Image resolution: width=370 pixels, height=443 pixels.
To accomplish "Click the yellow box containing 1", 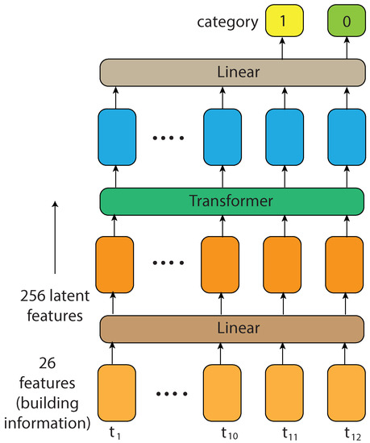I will click(x=283, y=19).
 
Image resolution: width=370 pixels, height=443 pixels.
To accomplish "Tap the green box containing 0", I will click(x=346, y=19).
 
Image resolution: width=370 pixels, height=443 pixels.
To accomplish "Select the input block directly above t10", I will click(x=221, y=392).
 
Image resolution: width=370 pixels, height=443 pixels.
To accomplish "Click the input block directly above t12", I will click(x=346, y=392).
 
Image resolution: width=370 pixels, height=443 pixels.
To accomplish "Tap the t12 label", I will click(x=347, y=433).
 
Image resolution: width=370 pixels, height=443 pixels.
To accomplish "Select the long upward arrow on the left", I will click(x=56, y=241).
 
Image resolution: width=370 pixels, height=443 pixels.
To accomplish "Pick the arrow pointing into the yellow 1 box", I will click(x=283, y=48).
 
